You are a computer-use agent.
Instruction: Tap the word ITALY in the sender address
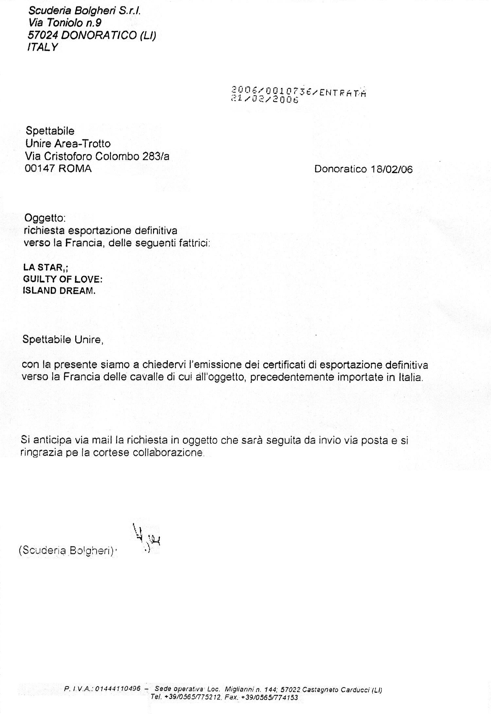[x=42, y=47]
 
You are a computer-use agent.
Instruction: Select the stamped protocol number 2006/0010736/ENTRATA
[x=298, y=91]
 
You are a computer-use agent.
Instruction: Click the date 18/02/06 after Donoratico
[x=392, y=169]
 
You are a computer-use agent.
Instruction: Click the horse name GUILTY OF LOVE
[x=62, y=279]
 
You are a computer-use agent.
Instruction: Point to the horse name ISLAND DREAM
[x=59, y=291]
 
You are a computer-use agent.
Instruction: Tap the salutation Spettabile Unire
[x=62, y=340]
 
